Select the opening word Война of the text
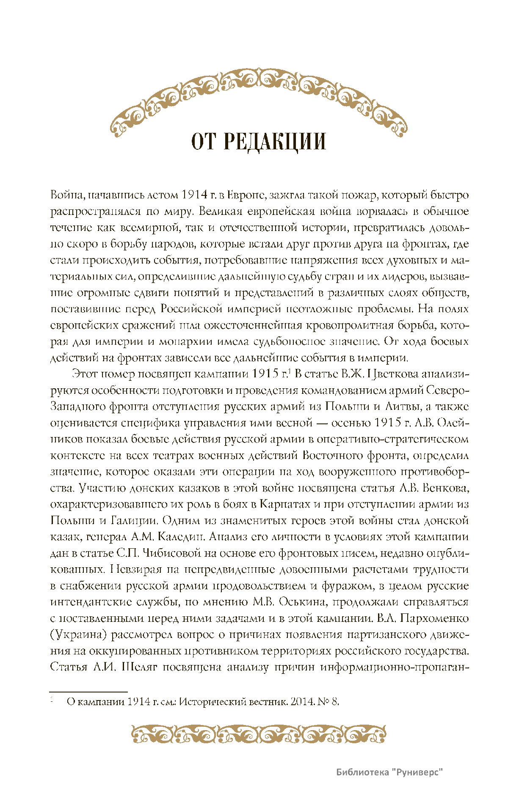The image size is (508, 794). point(63,195)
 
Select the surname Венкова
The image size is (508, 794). point(444,488)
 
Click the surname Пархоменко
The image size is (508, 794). point(434,618)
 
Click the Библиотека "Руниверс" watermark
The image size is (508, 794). point(389,772)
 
